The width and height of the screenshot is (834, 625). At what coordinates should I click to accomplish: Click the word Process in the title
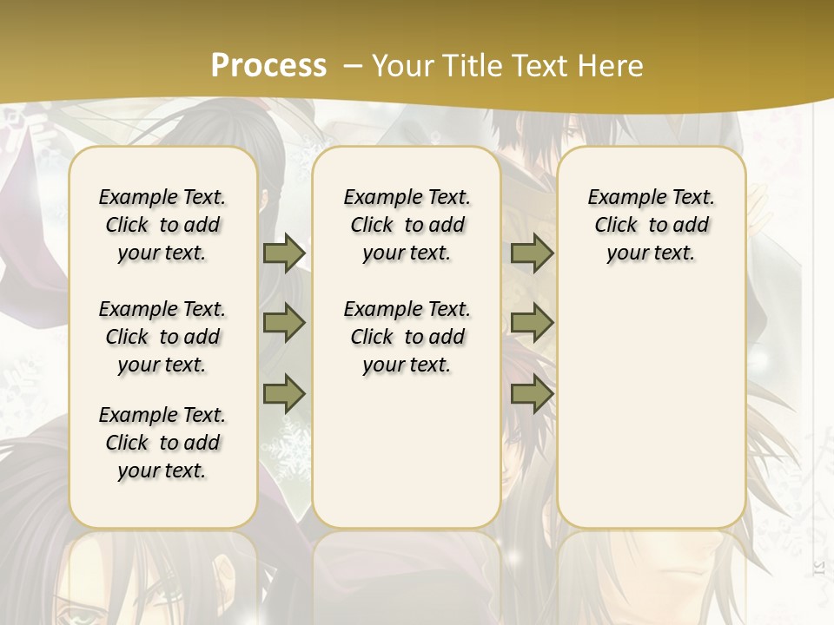[268, 66]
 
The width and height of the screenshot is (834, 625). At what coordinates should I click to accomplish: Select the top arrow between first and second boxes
[284, 253]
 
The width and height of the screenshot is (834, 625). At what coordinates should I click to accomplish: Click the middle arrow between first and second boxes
[284, 323]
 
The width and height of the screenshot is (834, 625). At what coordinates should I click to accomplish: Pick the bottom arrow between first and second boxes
[284, 394]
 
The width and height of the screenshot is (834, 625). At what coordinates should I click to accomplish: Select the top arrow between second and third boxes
[532, 253]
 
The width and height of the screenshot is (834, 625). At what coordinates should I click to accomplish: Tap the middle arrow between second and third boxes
[532, 323]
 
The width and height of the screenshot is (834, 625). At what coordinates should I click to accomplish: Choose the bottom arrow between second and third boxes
[532, 394]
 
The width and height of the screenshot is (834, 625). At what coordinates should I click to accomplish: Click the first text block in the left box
[162, 225]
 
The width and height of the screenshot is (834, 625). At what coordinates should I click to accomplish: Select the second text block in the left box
[162, 337]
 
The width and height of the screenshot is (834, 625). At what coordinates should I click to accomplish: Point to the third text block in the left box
[162, 443]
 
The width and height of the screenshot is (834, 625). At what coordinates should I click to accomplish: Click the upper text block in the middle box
[407, 225]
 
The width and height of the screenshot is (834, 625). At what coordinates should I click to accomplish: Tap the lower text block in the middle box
[407, 337]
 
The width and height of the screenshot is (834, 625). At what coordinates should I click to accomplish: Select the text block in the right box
[651, 225]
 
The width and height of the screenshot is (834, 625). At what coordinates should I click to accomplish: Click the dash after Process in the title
[352, 66]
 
